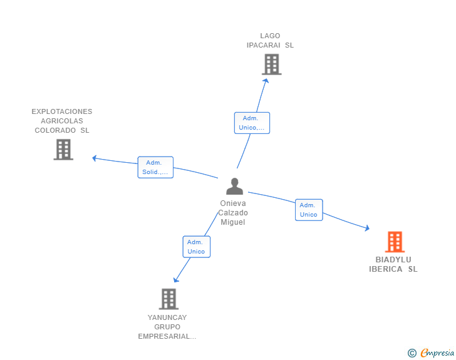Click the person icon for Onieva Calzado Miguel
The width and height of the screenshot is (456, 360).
point(234,186)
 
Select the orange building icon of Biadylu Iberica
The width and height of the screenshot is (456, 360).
point(395,242)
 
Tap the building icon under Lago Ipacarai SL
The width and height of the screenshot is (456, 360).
point(272,64)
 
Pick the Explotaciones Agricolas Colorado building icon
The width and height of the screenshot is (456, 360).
point(63,150)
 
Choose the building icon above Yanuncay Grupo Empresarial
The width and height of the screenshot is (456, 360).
point(168,299)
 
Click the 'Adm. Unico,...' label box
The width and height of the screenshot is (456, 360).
point(252,123)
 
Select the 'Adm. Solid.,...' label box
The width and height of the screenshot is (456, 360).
point(155,167)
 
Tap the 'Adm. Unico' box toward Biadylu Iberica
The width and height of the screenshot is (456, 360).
point(309,210)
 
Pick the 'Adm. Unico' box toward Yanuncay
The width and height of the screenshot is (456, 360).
point(196,247)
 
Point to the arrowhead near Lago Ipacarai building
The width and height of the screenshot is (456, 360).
point(266,81)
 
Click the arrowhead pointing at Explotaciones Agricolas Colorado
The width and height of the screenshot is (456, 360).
point(94,158)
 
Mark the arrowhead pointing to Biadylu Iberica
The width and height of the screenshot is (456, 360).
point(367,228)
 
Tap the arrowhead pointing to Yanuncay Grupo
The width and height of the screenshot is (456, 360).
point(176,280)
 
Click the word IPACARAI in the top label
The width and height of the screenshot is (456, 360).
point(264,45)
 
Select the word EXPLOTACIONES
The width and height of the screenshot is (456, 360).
point(62,111)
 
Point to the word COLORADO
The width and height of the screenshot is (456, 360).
point(55,130)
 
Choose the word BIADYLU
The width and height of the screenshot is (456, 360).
point(393,259)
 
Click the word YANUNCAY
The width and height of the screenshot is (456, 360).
point(167,317)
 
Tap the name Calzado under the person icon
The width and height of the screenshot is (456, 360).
point(233,213)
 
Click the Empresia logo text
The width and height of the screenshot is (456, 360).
point(437,352)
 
